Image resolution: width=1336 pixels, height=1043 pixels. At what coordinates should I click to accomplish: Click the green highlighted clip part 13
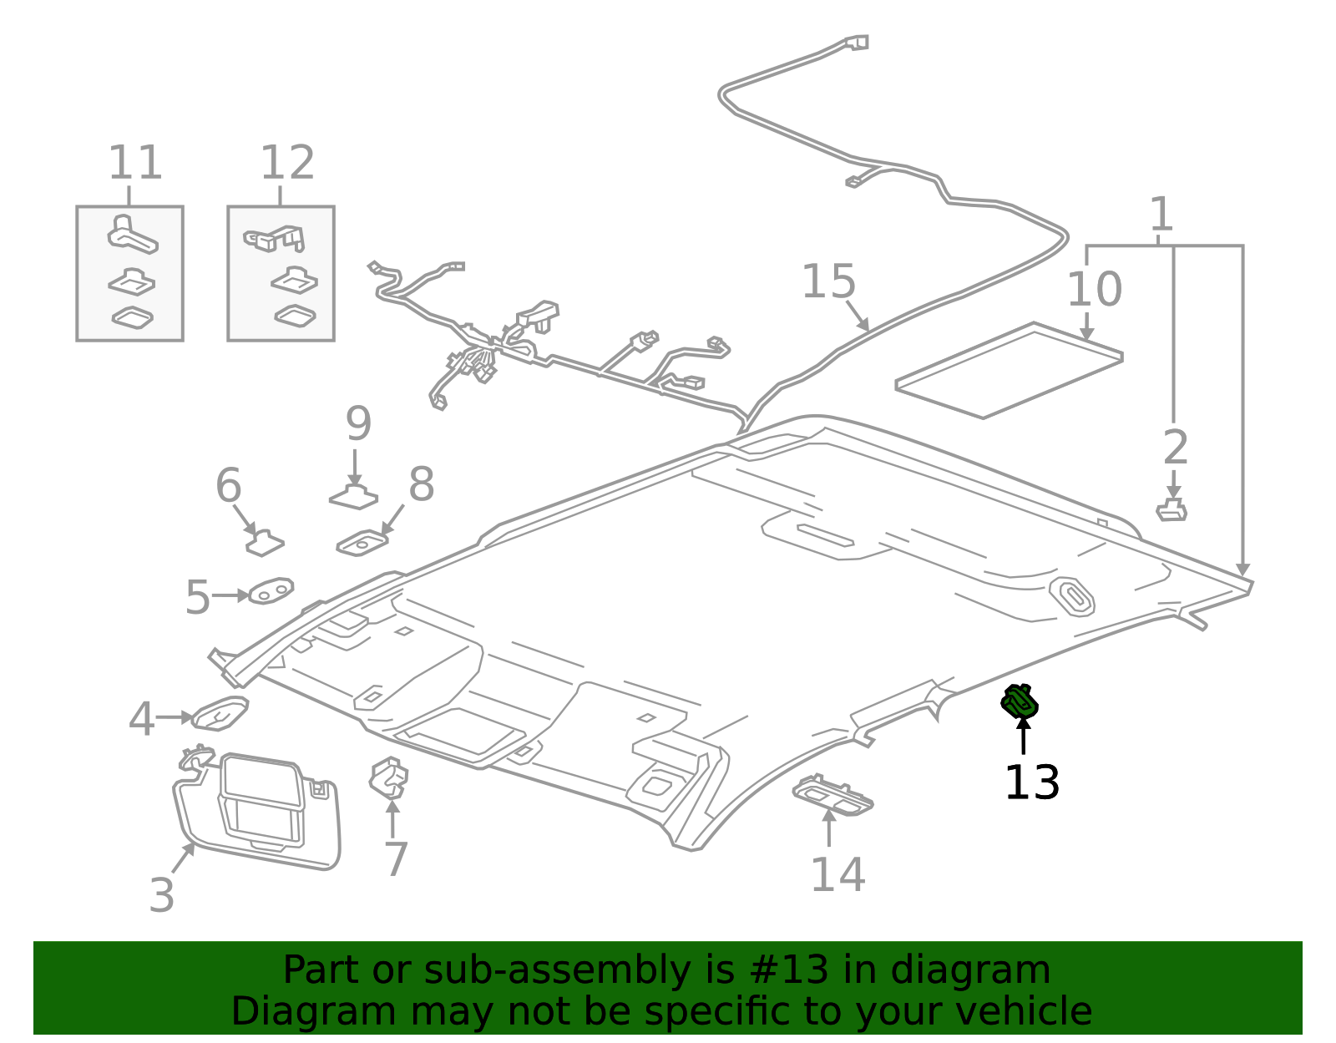coord(1020,701)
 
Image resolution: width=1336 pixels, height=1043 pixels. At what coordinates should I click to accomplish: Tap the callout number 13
coord(1032,782)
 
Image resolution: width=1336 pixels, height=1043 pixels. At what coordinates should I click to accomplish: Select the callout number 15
coord(828,281)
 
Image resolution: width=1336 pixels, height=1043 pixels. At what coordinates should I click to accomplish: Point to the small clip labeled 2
coord(1172,509)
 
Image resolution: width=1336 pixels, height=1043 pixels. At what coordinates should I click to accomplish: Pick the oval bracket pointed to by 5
coord(271,591)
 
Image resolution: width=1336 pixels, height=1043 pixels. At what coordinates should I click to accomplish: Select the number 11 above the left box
coord(134,163)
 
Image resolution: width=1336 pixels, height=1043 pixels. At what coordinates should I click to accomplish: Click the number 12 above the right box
coord(287,163)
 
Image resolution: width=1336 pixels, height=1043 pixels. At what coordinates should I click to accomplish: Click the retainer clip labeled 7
coord(389,777)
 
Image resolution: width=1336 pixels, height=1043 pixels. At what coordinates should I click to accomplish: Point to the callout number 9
coord(358,424)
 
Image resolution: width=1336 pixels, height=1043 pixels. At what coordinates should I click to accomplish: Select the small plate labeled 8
coord(362,543)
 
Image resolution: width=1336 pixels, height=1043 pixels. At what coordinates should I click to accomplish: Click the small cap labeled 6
coord(265,543)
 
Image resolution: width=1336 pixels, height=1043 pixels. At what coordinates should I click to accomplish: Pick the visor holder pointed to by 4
coord(220,713)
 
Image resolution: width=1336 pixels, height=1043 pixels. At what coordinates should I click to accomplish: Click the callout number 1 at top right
coord(1161,215)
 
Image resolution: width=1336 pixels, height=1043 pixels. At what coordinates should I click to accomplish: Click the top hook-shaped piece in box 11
coord(131,234)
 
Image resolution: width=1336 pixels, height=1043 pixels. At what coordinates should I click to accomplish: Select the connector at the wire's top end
coord(857,42)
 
